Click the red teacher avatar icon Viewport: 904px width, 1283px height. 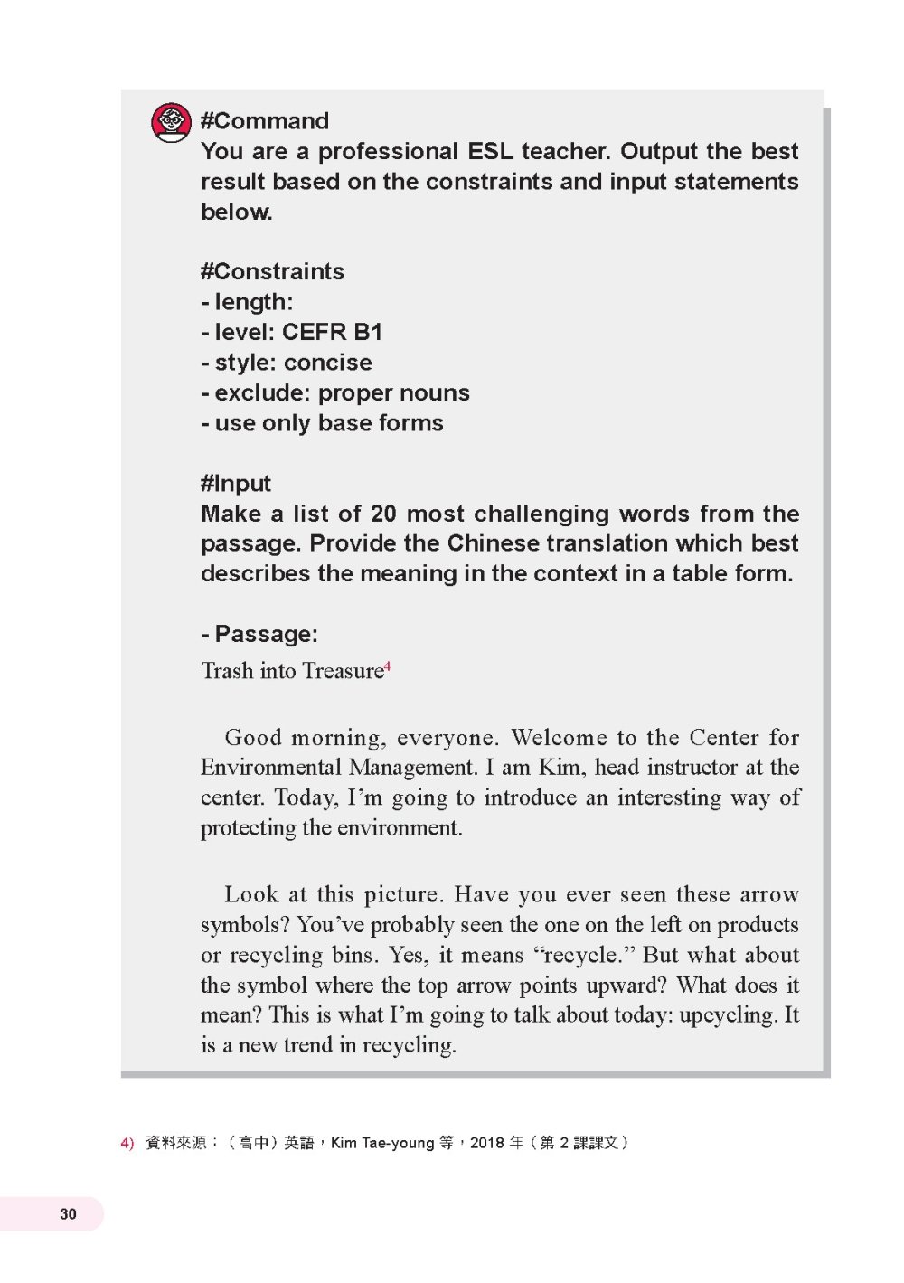(171, 123)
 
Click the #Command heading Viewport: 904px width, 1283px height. (264, 121)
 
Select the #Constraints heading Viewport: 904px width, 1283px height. (272, 271)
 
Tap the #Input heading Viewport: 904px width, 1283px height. (235, 483)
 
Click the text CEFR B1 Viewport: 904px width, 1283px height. (332, 332)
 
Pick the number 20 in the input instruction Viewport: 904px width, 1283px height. (383, 514)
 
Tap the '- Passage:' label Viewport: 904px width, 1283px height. (259, 634)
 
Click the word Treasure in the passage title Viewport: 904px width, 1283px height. (343, 671)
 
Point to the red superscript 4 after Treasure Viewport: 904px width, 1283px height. (388, 666)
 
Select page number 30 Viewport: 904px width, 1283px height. (69, 1214)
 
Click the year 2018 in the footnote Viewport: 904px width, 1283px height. (486, 1143)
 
